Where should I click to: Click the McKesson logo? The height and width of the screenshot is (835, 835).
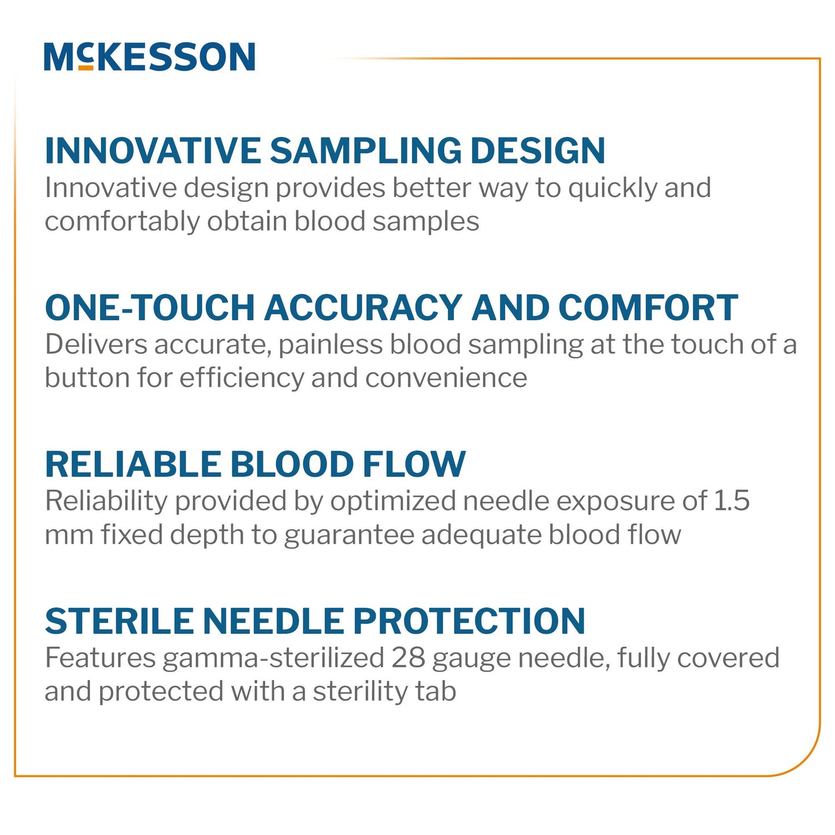(149, 57)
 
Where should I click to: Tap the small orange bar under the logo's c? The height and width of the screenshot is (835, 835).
(86, 68)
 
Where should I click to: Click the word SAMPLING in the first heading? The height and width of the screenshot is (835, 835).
(366, 151)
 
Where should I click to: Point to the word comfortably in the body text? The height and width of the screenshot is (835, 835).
(122, 222)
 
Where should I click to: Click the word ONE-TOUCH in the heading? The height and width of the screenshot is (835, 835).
(150, 307)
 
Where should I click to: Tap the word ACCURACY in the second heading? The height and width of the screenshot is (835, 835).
(363, 307)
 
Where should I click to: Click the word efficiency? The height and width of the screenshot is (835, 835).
(242, 378)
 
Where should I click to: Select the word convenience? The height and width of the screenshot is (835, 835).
(446, 378)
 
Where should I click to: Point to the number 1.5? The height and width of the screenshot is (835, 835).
(732, 501)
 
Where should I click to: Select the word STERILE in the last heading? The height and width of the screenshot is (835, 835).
(120, 622)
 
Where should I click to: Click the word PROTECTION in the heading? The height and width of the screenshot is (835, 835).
(469, 622)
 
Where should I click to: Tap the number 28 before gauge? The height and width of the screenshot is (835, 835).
(408, 658)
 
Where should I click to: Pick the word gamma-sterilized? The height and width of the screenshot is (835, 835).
(273, 658)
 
